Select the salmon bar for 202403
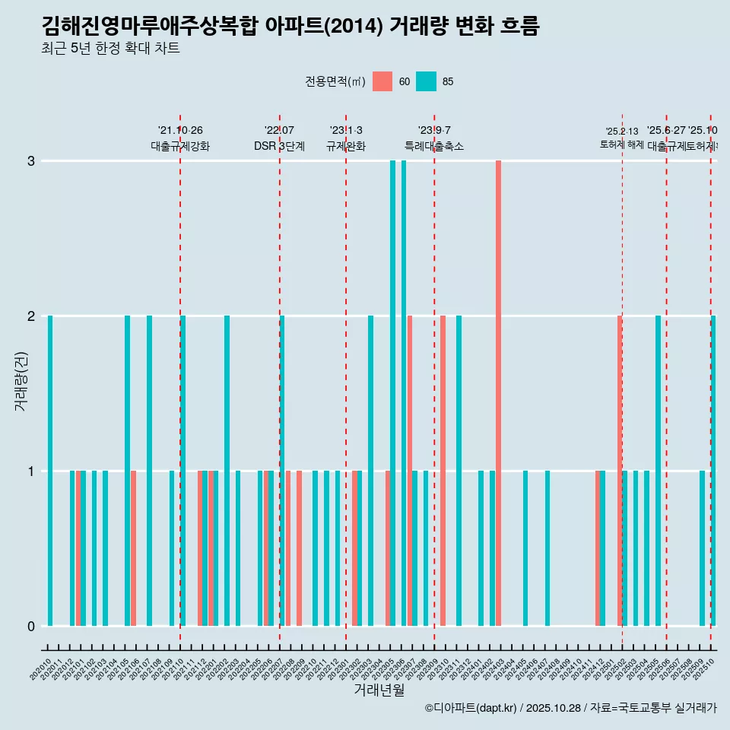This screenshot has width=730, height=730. [498, 393]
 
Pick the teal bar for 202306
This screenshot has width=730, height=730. [404, 393]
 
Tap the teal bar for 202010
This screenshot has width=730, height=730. [50, 471]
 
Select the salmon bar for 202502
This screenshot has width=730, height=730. [620, 471]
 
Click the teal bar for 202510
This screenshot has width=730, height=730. [713, 471]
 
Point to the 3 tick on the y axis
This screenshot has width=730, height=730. [31, 161]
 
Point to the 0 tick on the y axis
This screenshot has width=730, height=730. [31, 627]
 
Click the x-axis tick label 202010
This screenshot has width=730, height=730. [41, 669]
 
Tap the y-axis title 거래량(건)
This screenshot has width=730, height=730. [21, 380]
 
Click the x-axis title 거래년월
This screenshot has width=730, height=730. [379, 690]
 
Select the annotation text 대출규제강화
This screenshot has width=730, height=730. [180, 147]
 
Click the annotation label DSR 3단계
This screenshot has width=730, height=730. [279, 147]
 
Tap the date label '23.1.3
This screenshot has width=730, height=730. [346, 131]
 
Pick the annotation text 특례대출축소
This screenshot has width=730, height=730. [434, 147]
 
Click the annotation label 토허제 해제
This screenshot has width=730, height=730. [622, 144]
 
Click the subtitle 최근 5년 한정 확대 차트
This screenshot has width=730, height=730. [110, 49]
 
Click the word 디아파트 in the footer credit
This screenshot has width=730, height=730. [454, 708]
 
